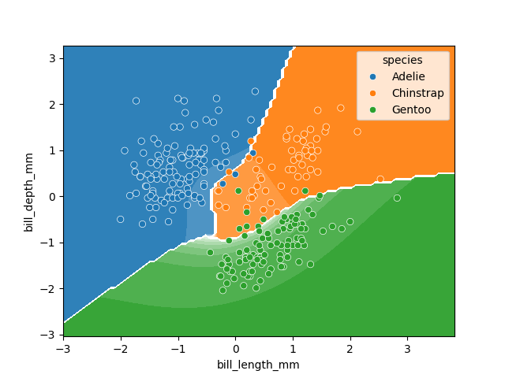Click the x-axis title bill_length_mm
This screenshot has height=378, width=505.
click(x=258, y=365)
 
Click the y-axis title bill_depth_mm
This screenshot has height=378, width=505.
click(x=28, y=191)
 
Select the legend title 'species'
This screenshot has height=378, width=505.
click(x=402, y=60)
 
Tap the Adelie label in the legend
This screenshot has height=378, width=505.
click(x=409, y=76)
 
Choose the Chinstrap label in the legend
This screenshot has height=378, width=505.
click(x=417, y=93)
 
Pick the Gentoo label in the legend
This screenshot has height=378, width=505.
click(x=411, y=109)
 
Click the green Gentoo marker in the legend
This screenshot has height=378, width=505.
click(x=372, y=109)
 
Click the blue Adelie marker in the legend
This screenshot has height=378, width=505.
click(x=372, y=76)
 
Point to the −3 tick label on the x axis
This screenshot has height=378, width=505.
click(x=63, y=347)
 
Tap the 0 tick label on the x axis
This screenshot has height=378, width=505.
click(x=235, y=347)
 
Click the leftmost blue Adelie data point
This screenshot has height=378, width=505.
click(x=120, y=220)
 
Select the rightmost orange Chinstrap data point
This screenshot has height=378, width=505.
click(x=380, y=179)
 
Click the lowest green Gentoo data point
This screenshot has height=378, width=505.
click(x=223, y=291)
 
